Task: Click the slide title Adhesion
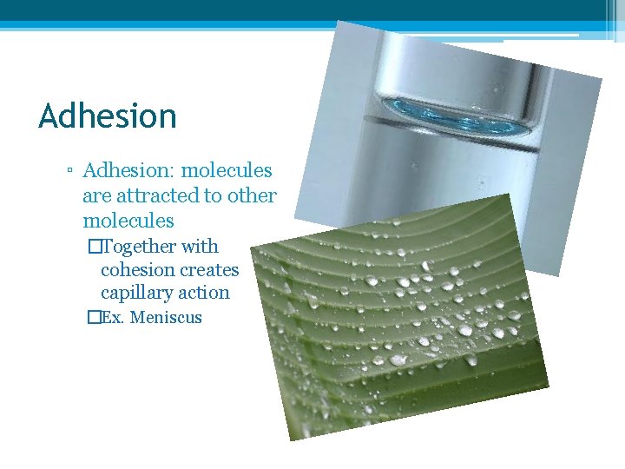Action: [108, 116]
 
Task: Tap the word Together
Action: [140, 247]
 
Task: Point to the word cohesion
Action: [135, 270]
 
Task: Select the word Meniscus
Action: [166, 318]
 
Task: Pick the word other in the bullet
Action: [252, 196]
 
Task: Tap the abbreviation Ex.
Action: [114, 318]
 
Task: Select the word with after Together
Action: [200, 247]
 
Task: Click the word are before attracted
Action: [97, 196]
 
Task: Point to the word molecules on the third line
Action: [128, 221]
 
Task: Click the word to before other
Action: [214, 196]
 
